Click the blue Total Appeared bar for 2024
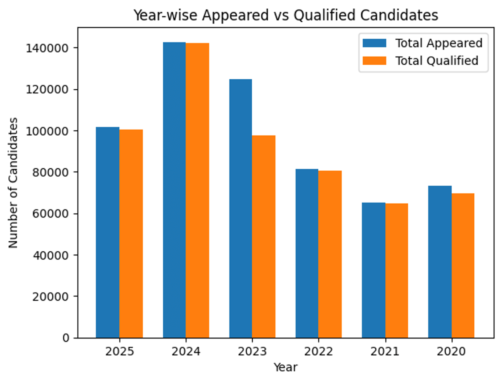(174, 190)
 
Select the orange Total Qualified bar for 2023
(263, 236)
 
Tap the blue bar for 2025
(108, 232)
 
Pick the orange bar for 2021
(396, 271)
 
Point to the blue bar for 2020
(440, 262)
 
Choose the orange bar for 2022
(330, 254)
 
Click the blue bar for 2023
(240, 208)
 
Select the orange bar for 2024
(197, 190)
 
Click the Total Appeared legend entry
(438, 43)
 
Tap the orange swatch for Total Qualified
(374, 61)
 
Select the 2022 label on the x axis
(319, 352)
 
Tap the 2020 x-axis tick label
(451, 352)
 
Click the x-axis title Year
(286, 367)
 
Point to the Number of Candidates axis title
(14, 182)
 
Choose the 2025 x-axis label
(119, 352)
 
